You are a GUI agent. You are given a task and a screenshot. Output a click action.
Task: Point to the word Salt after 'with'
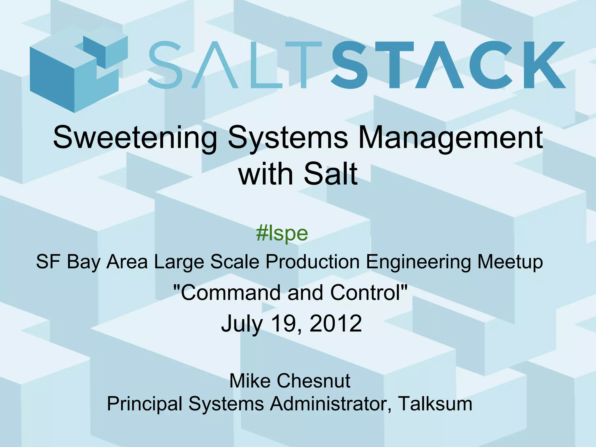(331, 174)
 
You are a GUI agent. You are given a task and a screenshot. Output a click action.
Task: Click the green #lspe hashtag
(282, 234)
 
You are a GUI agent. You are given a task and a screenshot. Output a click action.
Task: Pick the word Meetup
(510, 262)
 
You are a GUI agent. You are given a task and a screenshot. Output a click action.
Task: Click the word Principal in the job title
(145, 404)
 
